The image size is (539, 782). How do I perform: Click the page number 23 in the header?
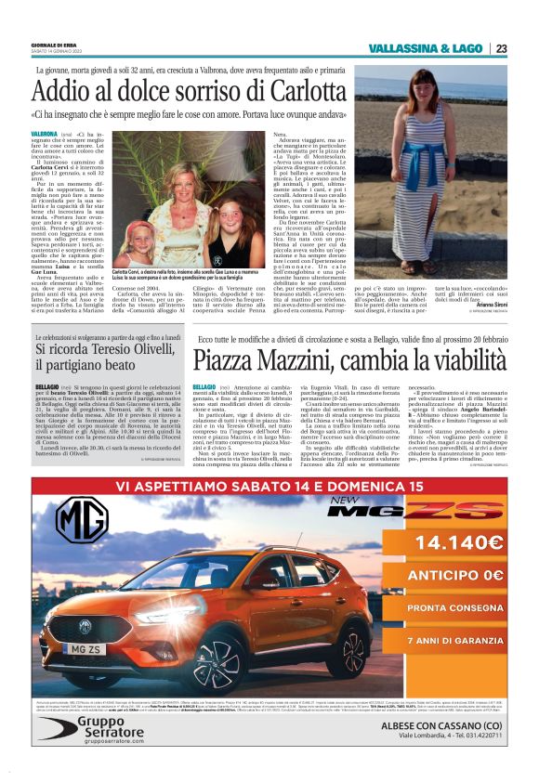click(501, 48)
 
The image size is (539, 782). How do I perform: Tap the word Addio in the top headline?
click(61, 92)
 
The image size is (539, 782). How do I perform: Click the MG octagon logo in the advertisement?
click(82, 519)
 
